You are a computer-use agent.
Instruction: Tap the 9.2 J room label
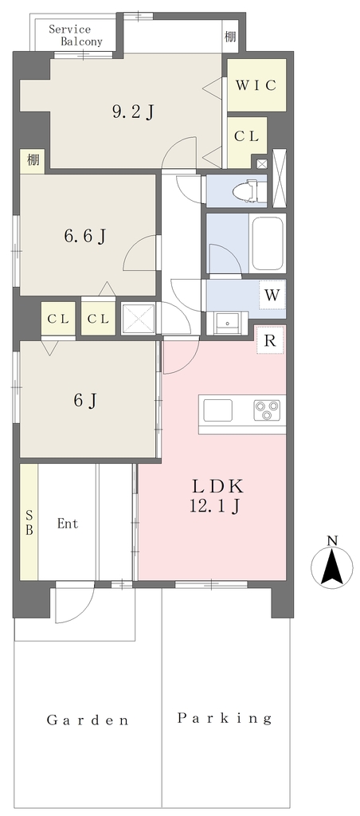pyautogui.click(x=133, y=112)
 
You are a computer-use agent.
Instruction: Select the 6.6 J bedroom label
pyautogui.click(x=85, y=236)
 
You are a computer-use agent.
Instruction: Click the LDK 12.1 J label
pyautogui.click(x=217, y=496)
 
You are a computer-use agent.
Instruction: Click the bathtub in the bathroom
pyautogui.click(x=266, y=243)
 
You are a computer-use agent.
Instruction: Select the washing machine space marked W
pyautogui.click(x=272, y=296)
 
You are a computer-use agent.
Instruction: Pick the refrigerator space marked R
pyautogui.click(x=270, y=340)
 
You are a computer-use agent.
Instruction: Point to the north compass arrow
pyautogui.click(x=331, y=567)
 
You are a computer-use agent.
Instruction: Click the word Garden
pyautogui.click(x=88, y=720)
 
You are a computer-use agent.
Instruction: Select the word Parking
pyautogui.click(x=225, y=719)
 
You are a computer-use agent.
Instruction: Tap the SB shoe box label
pyautogui.click(x=29, y=523)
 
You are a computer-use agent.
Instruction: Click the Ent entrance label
pyautogui.click(x=68, y=524)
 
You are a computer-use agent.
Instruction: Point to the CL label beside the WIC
pyautogui.click(x=247, y=137)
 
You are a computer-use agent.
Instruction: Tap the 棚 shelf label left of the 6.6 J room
pyautogui.click(x=33, y=159)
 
